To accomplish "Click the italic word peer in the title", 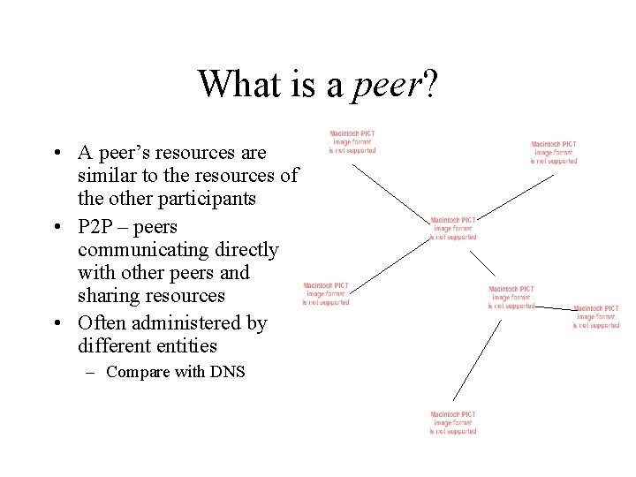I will pyautogui.click(x=388, y=85).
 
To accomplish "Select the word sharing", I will pyautogui.click(x=109, y=295).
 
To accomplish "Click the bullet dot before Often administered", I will pyautogui.click(x=57, y=323).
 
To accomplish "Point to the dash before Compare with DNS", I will pyautogui.click(x=90, y=372).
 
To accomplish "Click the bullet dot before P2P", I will pyautogui.click(x=57, y=227).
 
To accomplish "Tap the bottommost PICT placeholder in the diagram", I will pyautogui.click(x=453, y=422).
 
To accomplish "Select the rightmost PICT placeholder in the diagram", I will pyautogui.click(x=595, y=316).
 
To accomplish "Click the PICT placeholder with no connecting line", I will pyautogui.click(x=326, y=293).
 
